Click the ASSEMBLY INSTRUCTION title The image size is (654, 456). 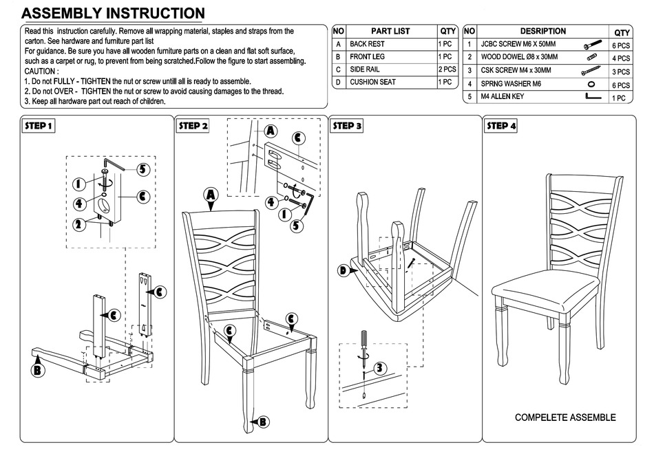pyautogui.click(x=114, y=13)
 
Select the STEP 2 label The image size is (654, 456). pyautogui.click(x=193, y=126)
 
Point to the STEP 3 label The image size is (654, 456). pyautogui.click(x=347, y=126)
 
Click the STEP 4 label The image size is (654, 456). pyautogui.click(x=501, y=126)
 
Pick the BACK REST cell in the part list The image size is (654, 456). pyautogui.click(x=367, y=44)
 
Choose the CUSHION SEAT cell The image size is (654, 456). pyautogui.click(x=372, y=82)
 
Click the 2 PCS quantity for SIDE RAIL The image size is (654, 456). pyautogui.click(x=447, y=69)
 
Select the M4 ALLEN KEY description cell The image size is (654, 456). pyautogui.click(x=503, y=97)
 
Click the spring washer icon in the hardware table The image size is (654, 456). pyautogui.click(x=591, y=84)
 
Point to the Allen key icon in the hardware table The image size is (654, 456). pyautogui.click(x=593, y=98)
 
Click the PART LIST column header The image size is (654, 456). pyautogui.click(x=390, y=31)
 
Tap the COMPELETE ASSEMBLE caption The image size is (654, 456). pyautogui.click(x=565, y=417)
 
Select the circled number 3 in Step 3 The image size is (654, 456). pyautogui.click(x=379, y=368)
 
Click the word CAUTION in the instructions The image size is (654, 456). pyautogui.click(x=41, y=71)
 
